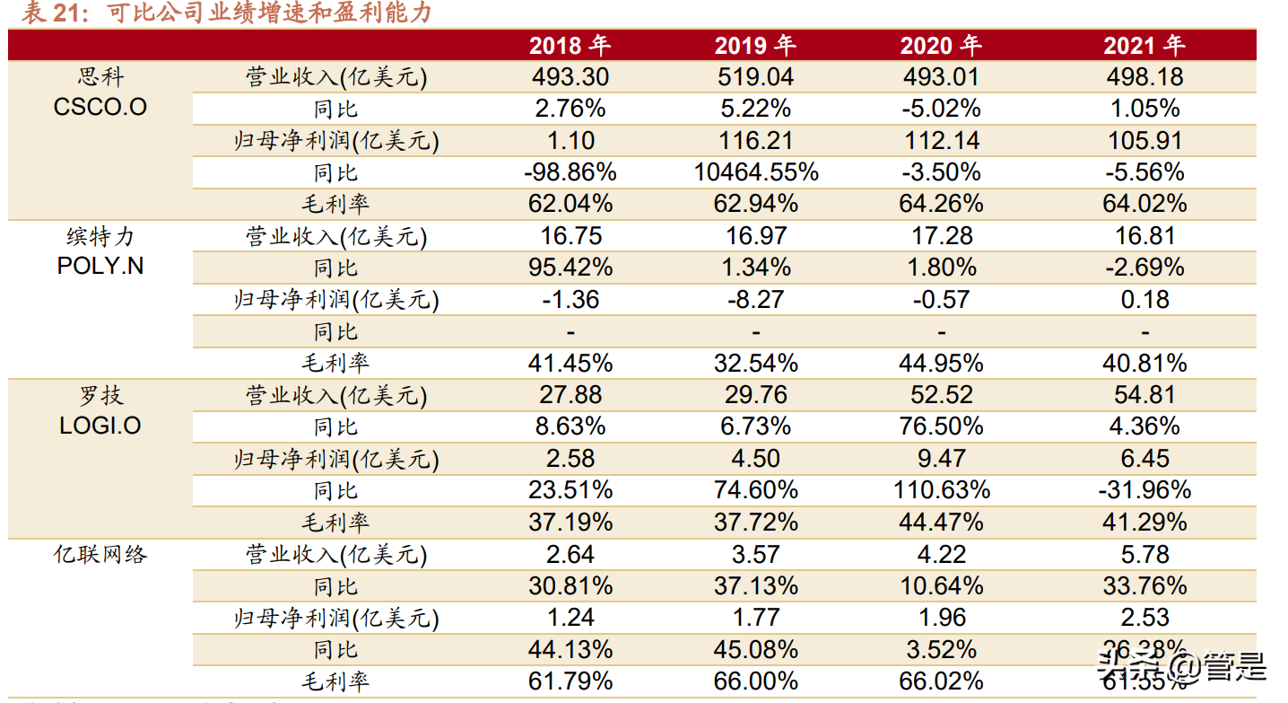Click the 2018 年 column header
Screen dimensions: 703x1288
tap(570, 45)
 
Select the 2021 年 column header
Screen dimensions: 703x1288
tap(1144, 45)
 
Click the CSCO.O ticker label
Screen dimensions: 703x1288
tap(100, 108)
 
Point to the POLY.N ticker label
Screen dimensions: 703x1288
tap(100, 268)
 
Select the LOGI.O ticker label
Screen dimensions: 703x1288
tap(100, 426)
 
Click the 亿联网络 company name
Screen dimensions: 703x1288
tap(100, 554)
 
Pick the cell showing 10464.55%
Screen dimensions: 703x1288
tap(755, 172)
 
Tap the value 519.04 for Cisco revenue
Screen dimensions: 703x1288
tap(755, 77)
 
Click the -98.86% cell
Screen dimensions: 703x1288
tap(570, 172)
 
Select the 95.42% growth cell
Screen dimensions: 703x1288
tap(570, 268)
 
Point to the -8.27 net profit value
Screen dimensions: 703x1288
tap(755, 299)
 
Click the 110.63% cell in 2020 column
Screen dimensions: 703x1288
tap(941, 490)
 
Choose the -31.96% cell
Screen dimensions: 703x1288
tap(1144, 490)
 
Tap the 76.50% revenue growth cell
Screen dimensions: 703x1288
tap(941, 426)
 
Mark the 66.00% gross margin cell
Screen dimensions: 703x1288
tap(755, 681)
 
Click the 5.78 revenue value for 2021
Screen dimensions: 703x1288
tap(1144, 554)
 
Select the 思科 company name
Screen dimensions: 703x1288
tap(100, 76)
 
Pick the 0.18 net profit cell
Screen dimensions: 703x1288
tap(1144, 299)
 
